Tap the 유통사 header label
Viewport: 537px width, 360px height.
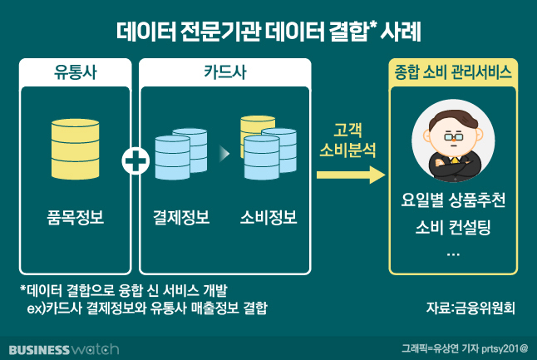[x=75, y=72]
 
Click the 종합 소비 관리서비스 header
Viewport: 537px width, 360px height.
[x=453, y=72]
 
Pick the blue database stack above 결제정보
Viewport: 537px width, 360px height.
[x=180, y=155]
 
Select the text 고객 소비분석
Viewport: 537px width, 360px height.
[x=348, y=141]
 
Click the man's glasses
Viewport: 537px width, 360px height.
[x=452, y=136]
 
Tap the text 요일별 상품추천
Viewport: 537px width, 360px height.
[x=453, y=202]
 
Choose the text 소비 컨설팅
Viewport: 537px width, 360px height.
[x=453, y=227]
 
